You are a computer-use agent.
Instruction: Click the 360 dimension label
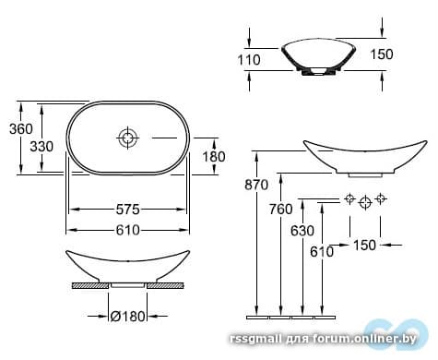coord(20,128)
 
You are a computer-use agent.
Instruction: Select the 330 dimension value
coord(41,147)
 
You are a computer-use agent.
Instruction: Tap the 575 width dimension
coord(128,210)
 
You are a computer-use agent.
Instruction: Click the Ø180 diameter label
coord(127,316)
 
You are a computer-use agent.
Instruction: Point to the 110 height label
coord(249,60)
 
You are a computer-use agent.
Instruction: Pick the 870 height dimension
coord(256,185)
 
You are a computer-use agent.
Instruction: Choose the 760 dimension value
coord(281,210)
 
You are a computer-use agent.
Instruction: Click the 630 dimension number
coord(302,231)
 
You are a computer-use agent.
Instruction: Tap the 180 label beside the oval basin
coord(214,157)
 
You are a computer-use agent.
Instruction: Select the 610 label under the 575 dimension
coord(128,230)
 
